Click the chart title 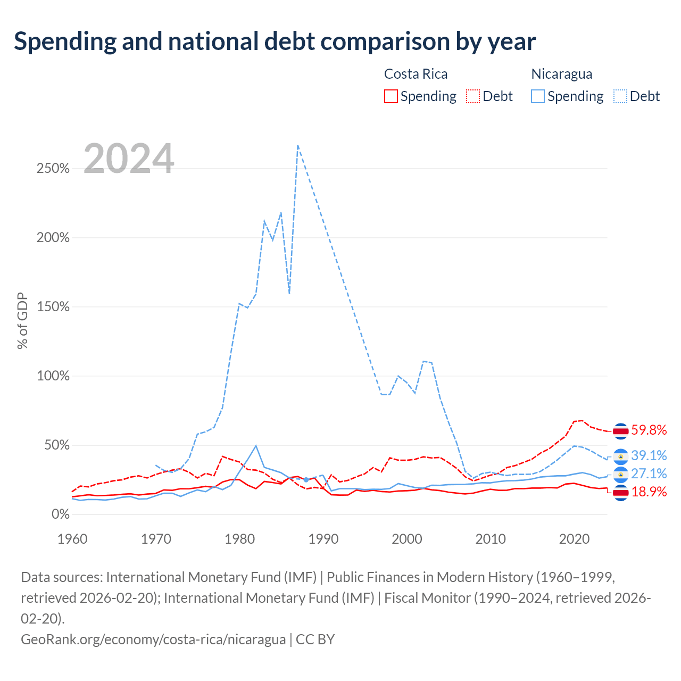pos(275,41)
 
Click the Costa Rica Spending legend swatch pos(391,96)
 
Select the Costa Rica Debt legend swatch pos(472,96)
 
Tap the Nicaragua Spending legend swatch pos(537,96)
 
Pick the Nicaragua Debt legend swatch pos(620,96)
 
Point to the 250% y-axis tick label pos(53,169)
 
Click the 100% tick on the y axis pos(53,376)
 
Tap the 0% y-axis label pos(61,514)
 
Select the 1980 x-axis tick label pos(239,539)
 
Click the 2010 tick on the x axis pos(490,539)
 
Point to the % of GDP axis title pos(22,320)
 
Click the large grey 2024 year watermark pos(129,158)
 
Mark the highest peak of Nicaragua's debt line pos(298,145)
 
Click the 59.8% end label pos(649,430)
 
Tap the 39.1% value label pos(649,455)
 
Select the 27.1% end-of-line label pos(649,474)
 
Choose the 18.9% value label pos(649,492)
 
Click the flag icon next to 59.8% pos(620,431)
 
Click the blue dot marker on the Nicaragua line pos(306,479)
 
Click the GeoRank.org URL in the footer pos(153,640)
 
